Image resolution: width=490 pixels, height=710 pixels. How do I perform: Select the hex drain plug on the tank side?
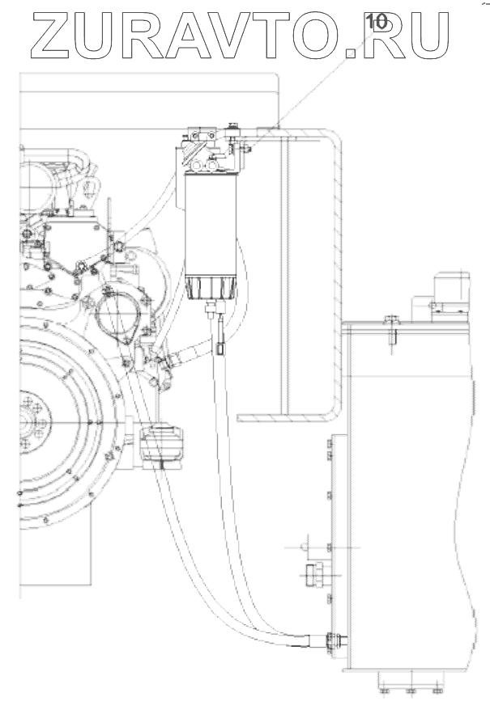313,575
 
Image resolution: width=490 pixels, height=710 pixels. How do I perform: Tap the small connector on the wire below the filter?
221,349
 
